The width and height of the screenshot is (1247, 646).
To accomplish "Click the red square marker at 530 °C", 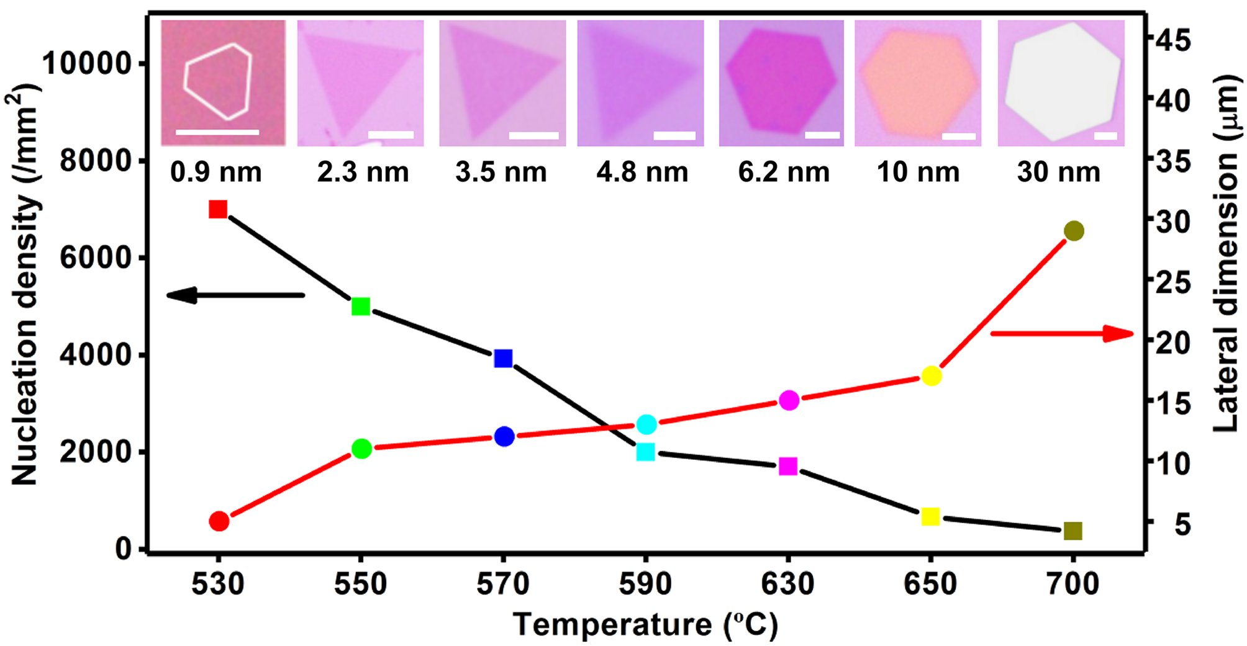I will point(218,210).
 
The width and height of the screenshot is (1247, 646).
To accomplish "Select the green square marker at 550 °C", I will point(361,307).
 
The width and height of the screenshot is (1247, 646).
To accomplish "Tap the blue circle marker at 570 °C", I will point(504,436).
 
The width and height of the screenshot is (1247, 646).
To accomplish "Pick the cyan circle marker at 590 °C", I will point(647,424).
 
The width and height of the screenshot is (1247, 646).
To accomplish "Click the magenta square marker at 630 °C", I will point(788,467).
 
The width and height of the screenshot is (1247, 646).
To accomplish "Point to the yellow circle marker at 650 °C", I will point(932,376).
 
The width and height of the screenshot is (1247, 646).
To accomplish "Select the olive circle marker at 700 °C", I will point(1074,231).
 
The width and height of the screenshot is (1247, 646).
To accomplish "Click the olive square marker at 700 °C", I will point(1073,531).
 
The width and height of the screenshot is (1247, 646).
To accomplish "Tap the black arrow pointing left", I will point(236,295).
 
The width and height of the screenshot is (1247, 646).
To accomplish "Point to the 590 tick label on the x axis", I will point(646,584).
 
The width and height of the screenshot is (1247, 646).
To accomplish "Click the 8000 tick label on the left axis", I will point(96,161).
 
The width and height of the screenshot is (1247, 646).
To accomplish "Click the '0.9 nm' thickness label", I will point(216,173).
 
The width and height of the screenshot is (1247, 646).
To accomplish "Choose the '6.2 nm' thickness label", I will point(784,173).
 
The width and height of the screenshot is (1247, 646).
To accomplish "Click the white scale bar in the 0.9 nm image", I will point(217,132).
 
